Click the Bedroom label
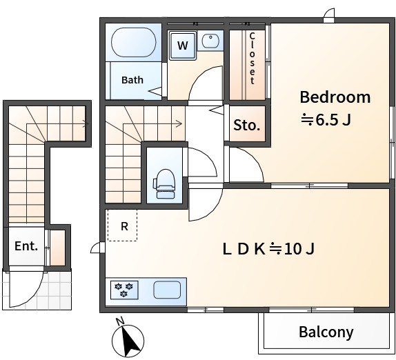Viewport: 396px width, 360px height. tap(335, 97)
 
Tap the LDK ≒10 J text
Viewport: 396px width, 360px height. tap(269, 249)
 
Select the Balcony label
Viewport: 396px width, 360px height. tap(326, 332)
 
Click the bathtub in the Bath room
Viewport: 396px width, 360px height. tap(133, 42)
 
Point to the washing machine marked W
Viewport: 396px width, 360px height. tap(183, 46)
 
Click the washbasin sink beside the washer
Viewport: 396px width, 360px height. tap(210, 41)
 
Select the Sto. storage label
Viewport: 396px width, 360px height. tap(247, 125)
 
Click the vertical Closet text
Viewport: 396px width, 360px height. tap(252, 59)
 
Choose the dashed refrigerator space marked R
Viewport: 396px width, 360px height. tap(123, 225)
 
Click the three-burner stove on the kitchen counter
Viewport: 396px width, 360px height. tap(124, 290)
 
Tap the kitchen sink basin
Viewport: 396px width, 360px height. tap(167, 290)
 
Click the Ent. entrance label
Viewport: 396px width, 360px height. tap(26, 246)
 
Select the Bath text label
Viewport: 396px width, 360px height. tap(132, 80)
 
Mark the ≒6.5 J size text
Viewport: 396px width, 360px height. tap(326, 120)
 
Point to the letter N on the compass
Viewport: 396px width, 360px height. tap(120, 321)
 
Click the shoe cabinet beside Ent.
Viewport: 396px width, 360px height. tap(57, 248)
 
